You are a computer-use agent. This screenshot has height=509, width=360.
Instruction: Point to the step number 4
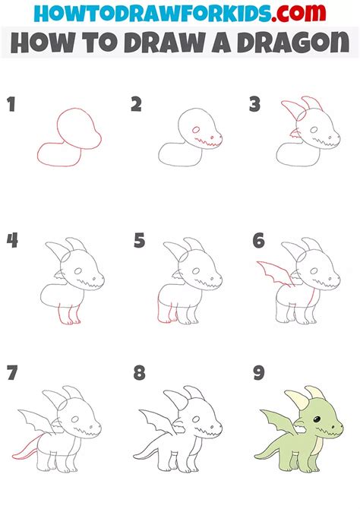pos(11,241)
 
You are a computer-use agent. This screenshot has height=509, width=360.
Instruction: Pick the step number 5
pos(139,241)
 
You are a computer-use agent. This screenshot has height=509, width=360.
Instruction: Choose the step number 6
pos(259,241)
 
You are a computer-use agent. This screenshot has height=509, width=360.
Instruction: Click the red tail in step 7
pos(30,454)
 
